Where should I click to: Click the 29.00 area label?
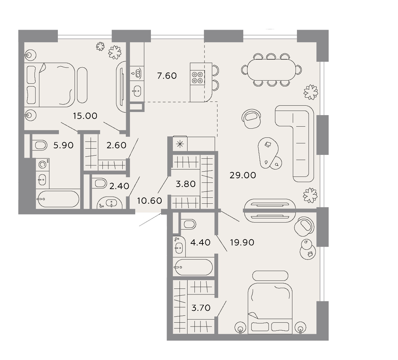point(243,175)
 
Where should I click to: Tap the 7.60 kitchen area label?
point(167,76)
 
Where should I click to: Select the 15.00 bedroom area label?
point(85,116)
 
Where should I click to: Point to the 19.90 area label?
point(242,242)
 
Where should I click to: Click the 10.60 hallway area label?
point(150,201)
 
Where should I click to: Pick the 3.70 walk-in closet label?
point(201,308)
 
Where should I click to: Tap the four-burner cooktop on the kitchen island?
point(198,78)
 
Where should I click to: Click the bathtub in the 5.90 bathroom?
point(58,199)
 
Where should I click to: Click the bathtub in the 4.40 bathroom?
point(193,267)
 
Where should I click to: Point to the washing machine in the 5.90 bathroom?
point(43,165)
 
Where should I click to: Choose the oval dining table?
point(271,70)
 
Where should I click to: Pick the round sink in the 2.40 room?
point(110,203)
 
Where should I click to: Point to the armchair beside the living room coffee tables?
point(252,118)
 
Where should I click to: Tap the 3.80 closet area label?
point(185,184)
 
